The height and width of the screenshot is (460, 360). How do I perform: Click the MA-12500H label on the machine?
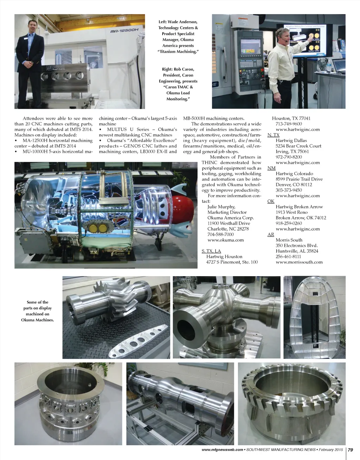tap(124, 31)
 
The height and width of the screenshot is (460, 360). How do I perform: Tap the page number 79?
tap(350, 450)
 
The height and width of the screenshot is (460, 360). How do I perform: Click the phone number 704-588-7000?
tap(220, 234)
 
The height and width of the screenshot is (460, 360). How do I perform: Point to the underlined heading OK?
tap(271, 201)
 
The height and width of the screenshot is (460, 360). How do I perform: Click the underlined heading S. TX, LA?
tap(211, 251)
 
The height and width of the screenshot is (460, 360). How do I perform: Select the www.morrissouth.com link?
tap(299, 262)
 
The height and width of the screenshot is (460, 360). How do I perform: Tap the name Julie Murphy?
tap(221, 207)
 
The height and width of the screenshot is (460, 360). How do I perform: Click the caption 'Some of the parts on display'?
tap(37, 305)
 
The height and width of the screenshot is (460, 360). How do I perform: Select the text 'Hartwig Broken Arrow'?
tap(299, 207)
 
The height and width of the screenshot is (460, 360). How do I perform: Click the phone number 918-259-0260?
tap(289, 223)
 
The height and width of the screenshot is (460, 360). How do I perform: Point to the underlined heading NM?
tap(271, 168)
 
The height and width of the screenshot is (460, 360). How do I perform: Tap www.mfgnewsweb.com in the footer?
tap(222, 450)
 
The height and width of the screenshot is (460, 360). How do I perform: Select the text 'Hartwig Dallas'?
tap(291, 141)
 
